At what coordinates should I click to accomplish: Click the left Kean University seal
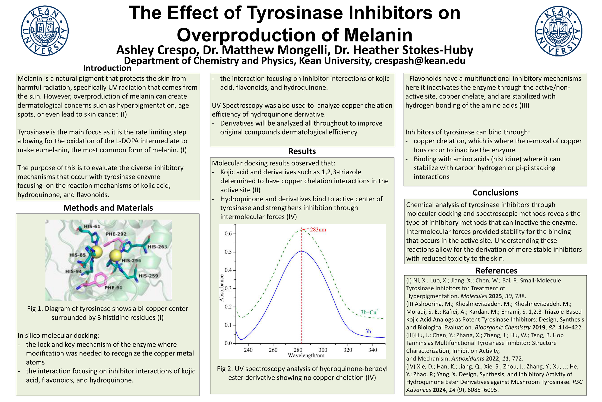(45, 31)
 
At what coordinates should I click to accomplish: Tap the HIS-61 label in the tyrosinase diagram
(92, 226)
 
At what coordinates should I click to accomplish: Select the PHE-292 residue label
(116, 234)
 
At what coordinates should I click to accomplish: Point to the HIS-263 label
(157, 247)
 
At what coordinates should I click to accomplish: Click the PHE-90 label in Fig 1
(113, 288)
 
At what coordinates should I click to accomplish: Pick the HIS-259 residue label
(148, 276)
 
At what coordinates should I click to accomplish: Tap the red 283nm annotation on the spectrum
(318, 230)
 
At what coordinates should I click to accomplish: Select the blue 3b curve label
(368, 331)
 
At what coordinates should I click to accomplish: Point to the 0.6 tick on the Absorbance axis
(228, 234)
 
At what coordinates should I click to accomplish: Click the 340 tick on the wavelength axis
(373, 350)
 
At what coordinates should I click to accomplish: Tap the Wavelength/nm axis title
(306, 355)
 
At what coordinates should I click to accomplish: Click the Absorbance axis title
(222, 288)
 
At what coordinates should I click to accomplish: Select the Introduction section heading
(107, 68)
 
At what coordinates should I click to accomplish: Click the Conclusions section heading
(495, 192)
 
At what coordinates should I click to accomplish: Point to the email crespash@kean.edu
(420, 61)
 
